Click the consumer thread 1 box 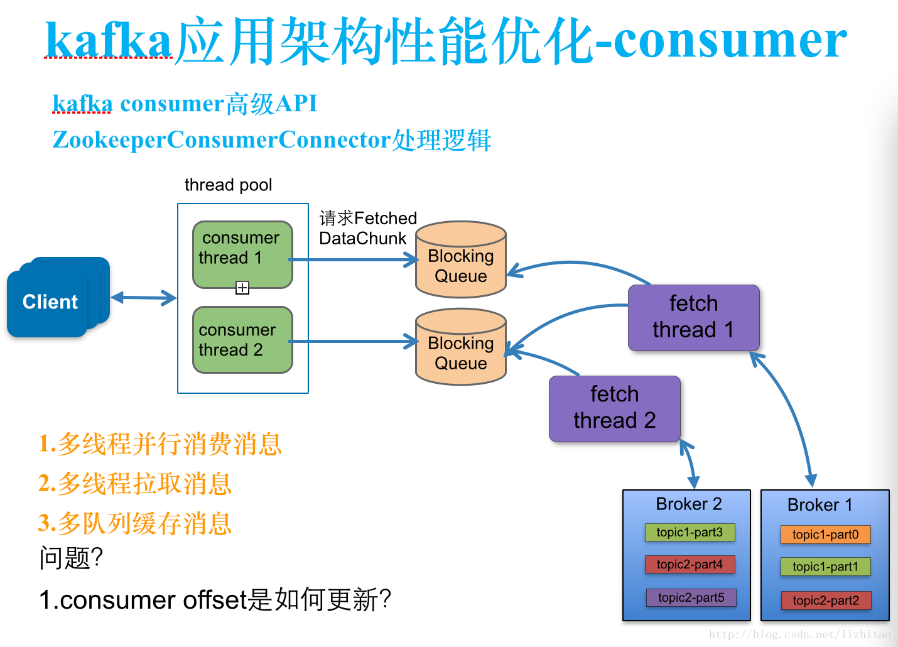(242, 254)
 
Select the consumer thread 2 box (242, 340)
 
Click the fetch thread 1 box (693, 318)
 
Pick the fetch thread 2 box (615, 409)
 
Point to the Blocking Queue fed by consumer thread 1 (461, 259)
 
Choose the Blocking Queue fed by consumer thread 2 (461, 347)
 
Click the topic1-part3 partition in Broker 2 (690, 532)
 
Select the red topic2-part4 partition (690, 564)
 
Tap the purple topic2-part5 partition (691, 597)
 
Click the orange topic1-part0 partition (825, 535)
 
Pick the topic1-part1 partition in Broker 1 (825, 567)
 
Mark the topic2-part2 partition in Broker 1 (826, 601)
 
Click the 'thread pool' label (228, 185)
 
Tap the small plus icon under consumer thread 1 (242, 288)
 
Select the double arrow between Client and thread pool (144, 298)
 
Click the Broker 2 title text (689, 504)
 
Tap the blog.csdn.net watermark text (799, 634)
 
